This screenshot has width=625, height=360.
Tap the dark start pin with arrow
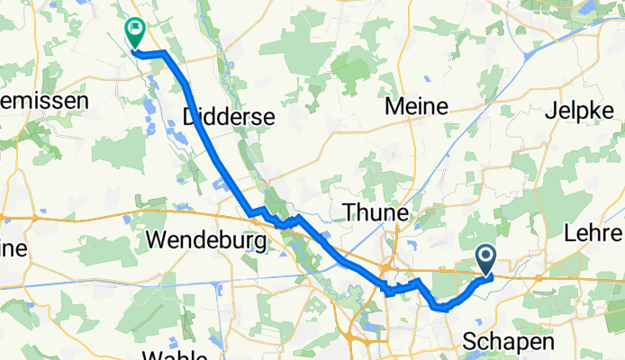coord(485,260)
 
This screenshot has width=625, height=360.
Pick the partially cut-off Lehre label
coord(594,234)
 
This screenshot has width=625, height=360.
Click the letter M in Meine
coord(393,106)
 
